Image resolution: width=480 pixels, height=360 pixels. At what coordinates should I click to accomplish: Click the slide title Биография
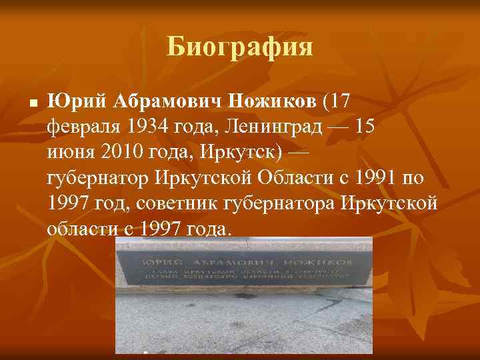coord(240,47)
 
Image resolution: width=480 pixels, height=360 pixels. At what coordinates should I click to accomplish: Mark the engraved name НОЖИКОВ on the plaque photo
coord(319,256)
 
